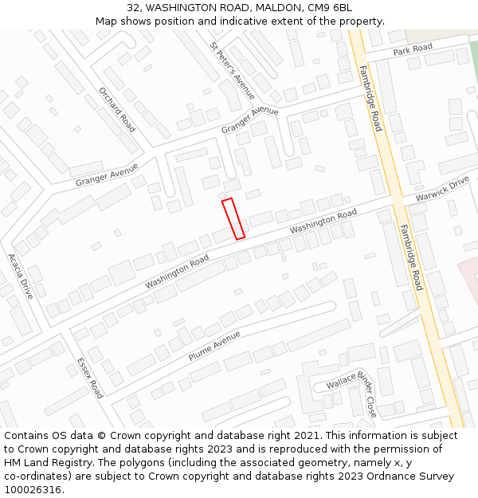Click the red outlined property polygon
[233, 218]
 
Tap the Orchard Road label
[117, 108]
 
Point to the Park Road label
[413, 49]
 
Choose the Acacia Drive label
[21, 276]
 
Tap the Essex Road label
[90, 378]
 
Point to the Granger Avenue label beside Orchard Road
[107, 174]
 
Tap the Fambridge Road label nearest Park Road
[370, 98]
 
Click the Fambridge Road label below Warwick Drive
[411, 256]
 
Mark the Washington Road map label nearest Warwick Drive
[323, 222]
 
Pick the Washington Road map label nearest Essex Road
[177, 272]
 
